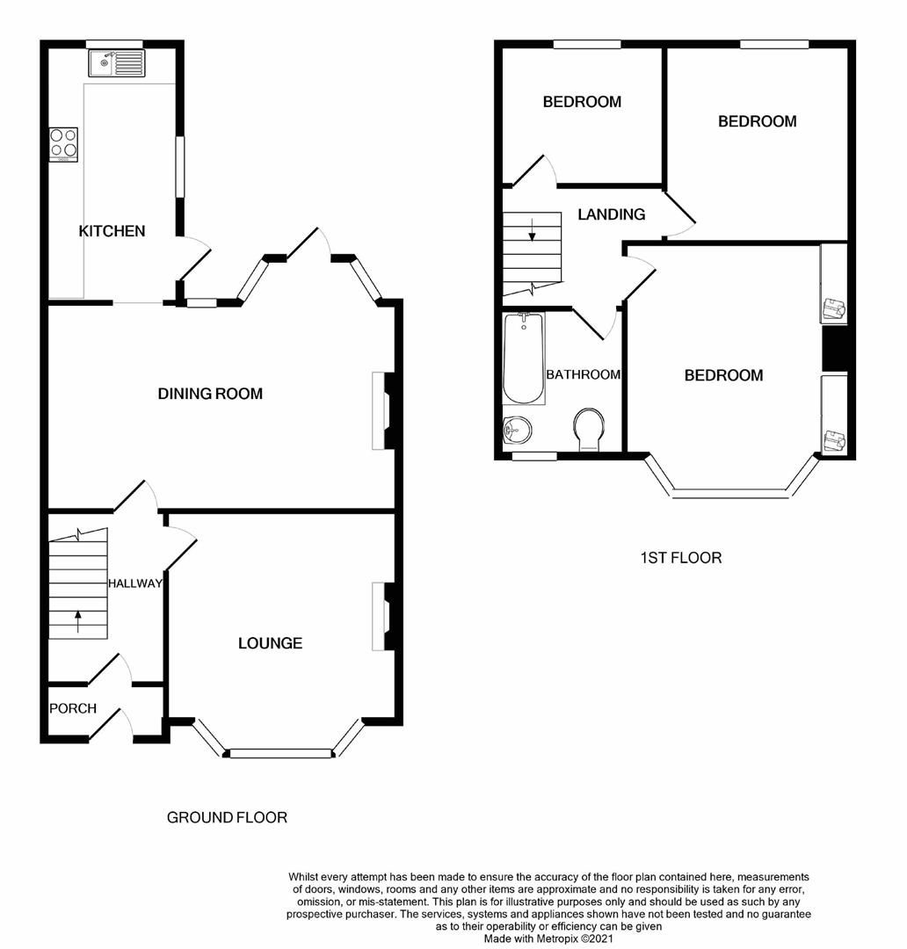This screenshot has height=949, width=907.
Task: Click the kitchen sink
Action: tap(116, 62)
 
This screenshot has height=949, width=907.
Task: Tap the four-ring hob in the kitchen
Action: tap(64, 144)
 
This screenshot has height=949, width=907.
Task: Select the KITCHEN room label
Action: tap(112, 231)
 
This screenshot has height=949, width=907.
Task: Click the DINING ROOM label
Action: tap(210, 394)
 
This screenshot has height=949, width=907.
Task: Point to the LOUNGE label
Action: tap(270, 643)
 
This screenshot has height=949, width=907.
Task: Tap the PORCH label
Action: tap(72, 708)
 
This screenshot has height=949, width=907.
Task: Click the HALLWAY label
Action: tap(135, 583)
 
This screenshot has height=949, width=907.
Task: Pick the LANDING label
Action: tap(612, 214)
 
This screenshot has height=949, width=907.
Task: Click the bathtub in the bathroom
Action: tap(523, 359)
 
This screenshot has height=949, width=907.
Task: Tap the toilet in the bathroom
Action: tap(587, 430)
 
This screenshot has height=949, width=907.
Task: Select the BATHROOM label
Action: tap(583, 374)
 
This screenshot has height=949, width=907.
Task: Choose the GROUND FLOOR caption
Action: tap(227, 817)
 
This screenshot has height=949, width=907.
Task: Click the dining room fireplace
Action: tap(385, 411)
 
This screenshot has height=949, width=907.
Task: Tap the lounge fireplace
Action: tap(385, 616)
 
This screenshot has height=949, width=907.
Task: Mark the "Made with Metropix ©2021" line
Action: tap(548, 938)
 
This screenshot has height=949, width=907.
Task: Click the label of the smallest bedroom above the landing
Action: tap(582, 102)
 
